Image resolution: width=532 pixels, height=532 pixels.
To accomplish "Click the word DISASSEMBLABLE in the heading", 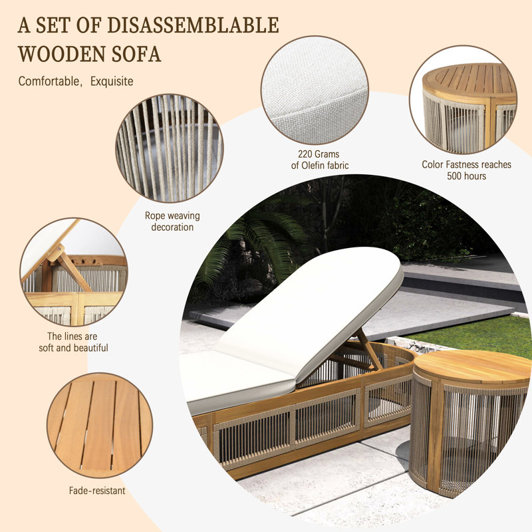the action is [x=193, y=25].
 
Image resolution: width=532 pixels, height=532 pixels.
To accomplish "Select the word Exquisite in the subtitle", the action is [x=112, y=81].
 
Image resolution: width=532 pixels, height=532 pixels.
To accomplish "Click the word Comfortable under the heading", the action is [x=49, y=81].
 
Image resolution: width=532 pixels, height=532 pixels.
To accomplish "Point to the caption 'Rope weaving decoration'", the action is [x=172, y=221].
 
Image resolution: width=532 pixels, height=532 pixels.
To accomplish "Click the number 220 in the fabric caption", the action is [x=305, y=154].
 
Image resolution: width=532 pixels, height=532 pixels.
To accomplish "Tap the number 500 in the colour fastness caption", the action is [x=454, y=176].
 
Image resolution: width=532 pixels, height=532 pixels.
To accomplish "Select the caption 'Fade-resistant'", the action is [x=97, y=491].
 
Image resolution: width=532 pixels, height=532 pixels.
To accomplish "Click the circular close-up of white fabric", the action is [x=315, y=90].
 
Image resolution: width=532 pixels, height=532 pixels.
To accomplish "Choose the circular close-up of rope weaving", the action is [x=170, y=148].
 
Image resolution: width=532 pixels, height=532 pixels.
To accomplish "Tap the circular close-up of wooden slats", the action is [x=100, y=426].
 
